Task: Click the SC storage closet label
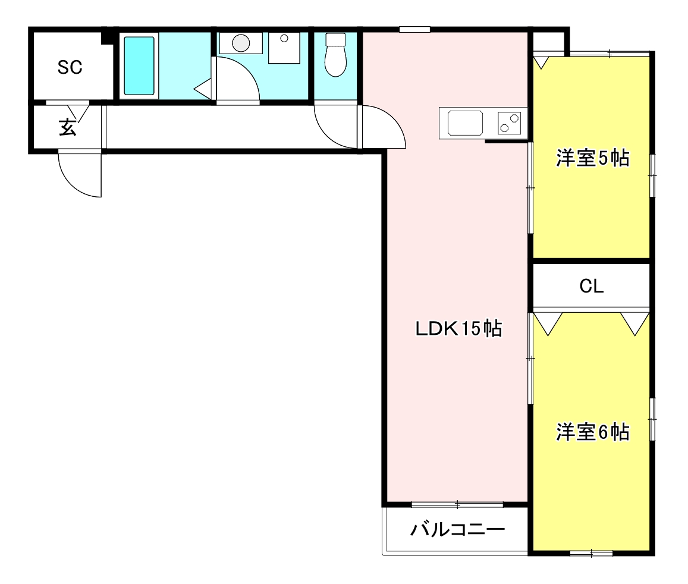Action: click(70, 68)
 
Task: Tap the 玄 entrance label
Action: click(67, 128)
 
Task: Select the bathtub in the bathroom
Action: click(139, 65)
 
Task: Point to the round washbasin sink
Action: click(241, 43)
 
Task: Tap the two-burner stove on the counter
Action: click(510, 123)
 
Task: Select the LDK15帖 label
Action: click(458, 328)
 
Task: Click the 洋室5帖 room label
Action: click(592, 159)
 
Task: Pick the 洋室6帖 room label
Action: click(592, 432)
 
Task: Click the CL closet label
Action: click(592, 287)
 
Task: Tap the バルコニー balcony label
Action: click(457, 529)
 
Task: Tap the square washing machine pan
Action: click(284, 48)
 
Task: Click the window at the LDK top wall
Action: click(414, 29)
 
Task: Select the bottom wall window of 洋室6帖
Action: click(591, 554)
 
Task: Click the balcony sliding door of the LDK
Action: click(457, 505)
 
